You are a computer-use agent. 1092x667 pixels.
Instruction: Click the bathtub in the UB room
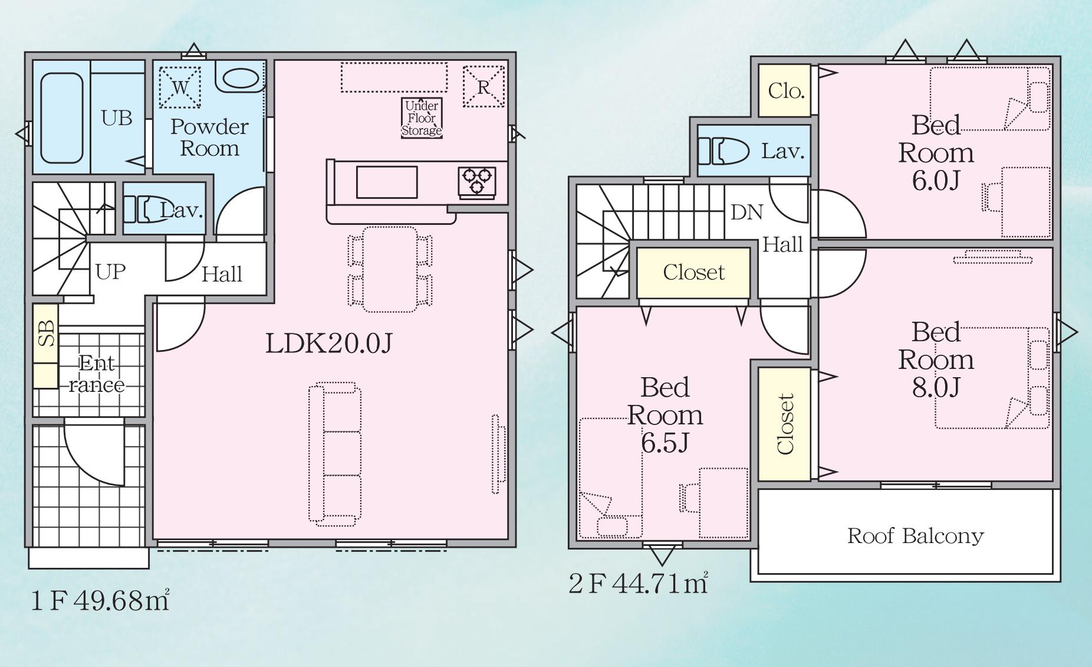(61, 118)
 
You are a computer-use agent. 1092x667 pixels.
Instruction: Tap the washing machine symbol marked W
(180, 87)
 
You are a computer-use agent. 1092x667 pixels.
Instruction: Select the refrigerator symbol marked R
(483, 86)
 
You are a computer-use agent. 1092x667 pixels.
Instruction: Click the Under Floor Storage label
(422, 119)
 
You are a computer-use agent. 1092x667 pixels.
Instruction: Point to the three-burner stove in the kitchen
(477, 181)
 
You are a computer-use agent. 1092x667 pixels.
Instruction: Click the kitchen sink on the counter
(387, 182)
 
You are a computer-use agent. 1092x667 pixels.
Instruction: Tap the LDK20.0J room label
(328, 343)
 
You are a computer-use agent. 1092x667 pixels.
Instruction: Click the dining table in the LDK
(390, 269)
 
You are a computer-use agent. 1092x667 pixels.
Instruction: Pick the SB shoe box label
(46, 333)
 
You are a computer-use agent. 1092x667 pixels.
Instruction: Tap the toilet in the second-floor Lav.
(723, 151)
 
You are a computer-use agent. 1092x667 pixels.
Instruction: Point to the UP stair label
(111, 272)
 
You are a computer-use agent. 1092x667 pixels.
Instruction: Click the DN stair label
(746, 212)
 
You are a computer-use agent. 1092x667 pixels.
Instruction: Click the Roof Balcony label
(916, 536)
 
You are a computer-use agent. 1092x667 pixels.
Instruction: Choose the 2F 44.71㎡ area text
(638, 583)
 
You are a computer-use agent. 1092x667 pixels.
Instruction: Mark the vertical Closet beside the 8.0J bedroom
(784, 424)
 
